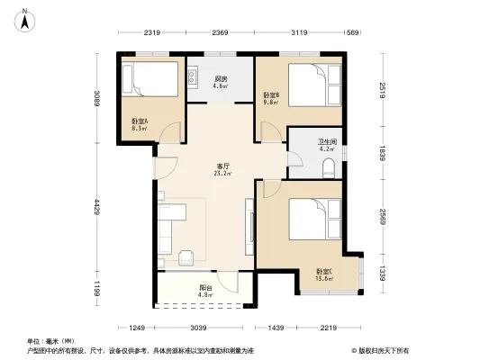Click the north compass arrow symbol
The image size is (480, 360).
coord(28,15)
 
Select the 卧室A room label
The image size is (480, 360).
coord(139,124)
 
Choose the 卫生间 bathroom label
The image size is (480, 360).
coord(327,145)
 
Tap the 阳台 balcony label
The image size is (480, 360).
coord(204,290)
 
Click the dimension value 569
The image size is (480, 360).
coord(353,33)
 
